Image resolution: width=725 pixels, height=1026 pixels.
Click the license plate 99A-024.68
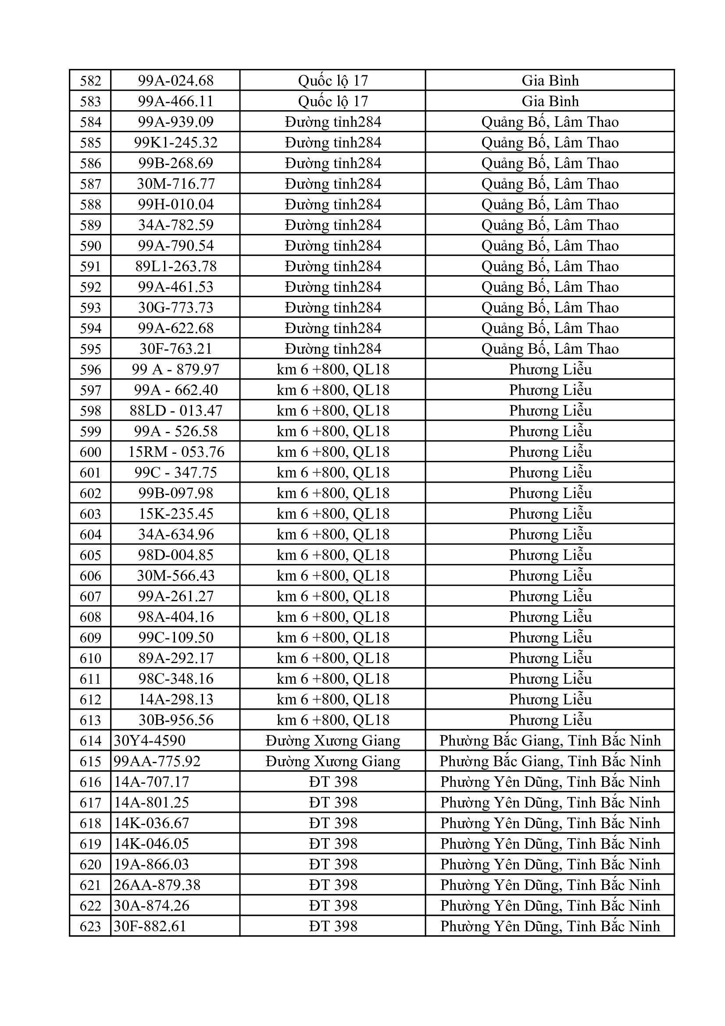click(175, 81)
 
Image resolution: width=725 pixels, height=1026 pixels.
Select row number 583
click(90, 101)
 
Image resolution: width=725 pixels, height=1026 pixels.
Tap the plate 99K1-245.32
click(175, 143)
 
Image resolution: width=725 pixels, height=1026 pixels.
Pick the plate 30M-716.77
click(175, 184)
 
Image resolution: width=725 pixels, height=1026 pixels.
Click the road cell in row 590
click(333, 246)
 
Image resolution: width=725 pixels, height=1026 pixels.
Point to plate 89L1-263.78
click(175, 266)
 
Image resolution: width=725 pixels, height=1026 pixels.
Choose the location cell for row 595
click(550, 349)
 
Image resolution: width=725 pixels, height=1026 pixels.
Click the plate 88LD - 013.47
click(175, 411)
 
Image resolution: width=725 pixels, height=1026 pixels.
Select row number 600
click(90, 452)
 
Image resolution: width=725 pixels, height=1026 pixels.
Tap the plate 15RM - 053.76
click(175, 452)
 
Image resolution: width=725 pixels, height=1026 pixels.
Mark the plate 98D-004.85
click(175, 555)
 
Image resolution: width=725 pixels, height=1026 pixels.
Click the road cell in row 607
click(333, 596)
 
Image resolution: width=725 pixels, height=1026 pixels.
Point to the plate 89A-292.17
click(175, 658)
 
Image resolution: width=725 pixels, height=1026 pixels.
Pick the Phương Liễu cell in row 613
click(550, 720)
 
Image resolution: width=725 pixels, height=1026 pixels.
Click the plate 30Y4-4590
click(150, 741)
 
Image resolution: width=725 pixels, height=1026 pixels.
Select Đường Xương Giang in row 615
click(333, 761)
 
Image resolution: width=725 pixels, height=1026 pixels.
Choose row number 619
click(90, 844)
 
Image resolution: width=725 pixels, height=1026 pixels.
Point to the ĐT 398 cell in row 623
click(333, 926)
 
